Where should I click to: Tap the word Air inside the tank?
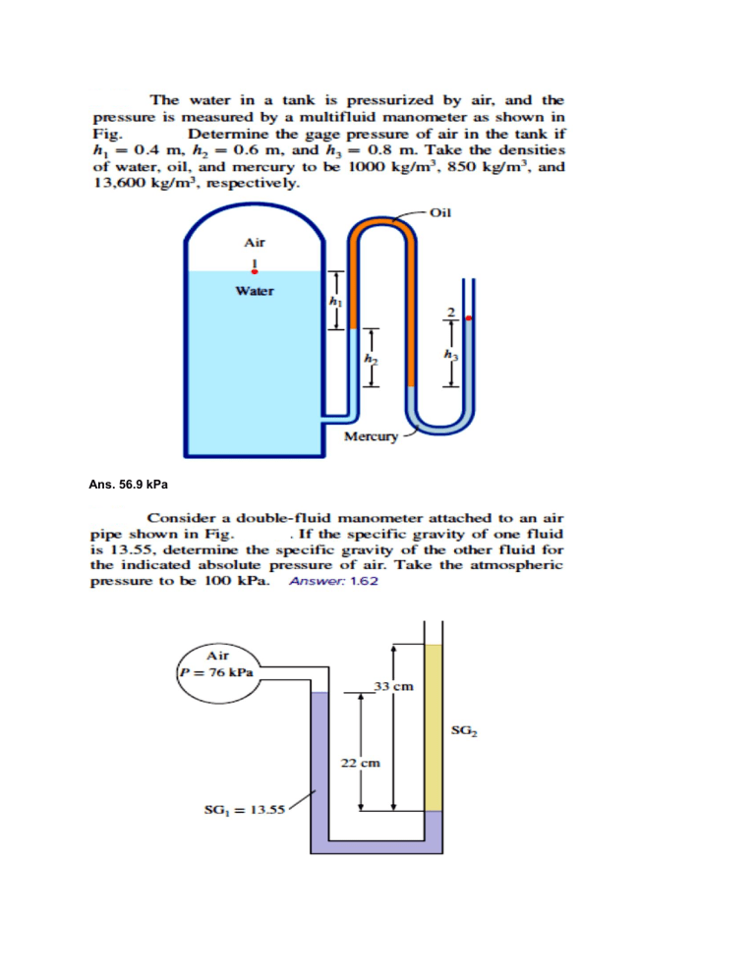[x=255, y=241]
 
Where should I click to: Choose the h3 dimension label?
[x=451, y=355]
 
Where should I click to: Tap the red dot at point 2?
[x=469, y=317]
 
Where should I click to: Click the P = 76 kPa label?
[x=216, y=672]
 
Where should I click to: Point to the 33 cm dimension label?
[x=390, y=686]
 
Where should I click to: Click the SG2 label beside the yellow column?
[x=463, y=729]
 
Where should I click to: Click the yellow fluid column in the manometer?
[x=435, y=727]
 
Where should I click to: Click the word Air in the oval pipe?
[x=219, y=655]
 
